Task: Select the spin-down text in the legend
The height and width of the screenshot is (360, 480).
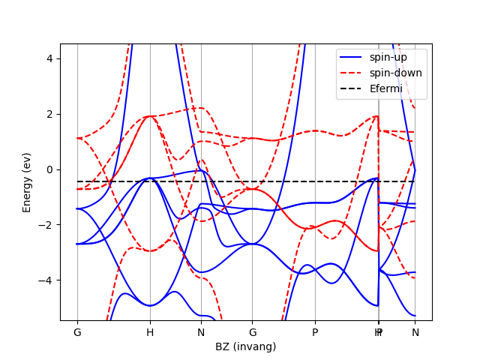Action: (x=395, y=73)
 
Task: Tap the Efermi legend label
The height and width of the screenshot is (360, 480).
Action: (x=385, y=88)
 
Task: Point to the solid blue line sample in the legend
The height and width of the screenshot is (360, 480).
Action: (x=352, y=58)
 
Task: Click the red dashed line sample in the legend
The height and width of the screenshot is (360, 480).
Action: (x=352, y=73)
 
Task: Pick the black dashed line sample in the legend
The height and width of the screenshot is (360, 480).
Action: (x=352, y=88)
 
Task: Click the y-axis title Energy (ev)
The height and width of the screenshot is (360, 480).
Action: (x=27, y=182)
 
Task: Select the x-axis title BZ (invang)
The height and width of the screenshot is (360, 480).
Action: (x=245, y=346)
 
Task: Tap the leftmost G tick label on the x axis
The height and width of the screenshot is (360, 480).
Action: (x=77, y=332)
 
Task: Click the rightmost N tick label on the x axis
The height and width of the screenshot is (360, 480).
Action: (x=415, y=332)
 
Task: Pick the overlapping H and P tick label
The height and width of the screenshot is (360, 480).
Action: (x=379, y=332)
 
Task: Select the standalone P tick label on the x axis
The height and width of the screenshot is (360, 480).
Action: (x=315, y=332)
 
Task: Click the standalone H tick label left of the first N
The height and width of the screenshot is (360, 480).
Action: (x=150, y=332)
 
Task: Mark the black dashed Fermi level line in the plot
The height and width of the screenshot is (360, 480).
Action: (x=225, y=181)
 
